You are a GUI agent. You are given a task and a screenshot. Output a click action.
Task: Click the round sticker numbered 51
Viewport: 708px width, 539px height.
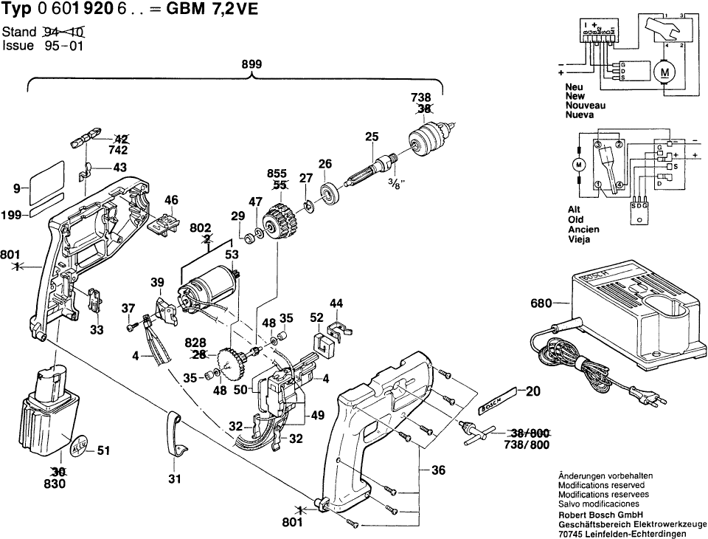80,447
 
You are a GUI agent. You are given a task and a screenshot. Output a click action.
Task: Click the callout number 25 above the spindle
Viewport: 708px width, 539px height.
371,136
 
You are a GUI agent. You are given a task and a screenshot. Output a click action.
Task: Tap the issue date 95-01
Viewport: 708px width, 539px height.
61,45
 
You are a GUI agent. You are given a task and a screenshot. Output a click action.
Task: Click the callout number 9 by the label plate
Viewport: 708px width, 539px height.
17,189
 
